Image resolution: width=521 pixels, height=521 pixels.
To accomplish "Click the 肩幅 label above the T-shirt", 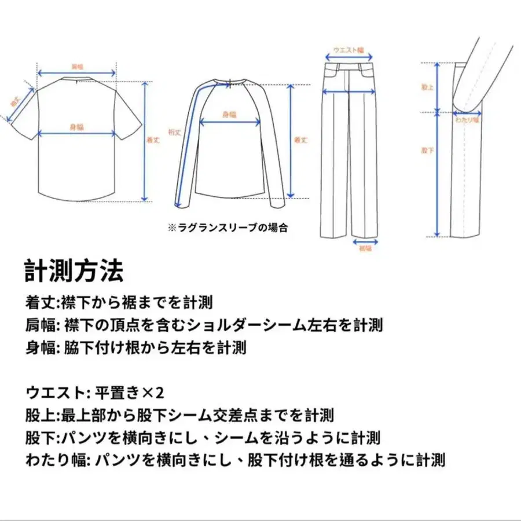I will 76,65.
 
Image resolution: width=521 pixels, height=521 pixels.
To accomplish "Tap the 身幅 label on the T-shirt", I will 76,127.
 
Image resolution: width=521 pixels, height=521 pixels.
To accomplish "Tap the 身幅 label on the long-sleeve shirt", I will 229,115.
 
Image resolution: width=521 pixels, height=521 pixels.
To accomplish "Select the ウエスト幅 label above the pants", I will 348,50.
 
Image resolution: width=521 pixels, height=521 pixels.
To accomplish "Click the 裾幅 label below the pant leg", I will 365,248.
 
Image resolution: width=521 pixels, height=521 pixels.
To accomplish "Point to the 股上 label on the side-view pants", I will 427,87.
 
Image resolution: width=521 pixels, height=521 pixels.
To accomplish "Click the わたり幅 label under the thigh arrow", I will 467,120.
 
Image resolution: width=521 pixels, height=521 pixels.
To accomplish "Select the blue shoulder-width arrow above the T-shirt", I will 76,74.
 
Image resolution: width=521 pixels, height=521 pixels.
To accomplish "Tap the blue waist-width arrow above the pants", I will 348,58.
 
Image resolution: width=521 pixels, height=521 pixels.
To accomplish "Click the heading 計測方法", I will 74,270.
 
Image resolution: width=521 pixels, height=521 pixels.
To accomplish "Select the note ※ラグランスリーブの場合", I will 228,228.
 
